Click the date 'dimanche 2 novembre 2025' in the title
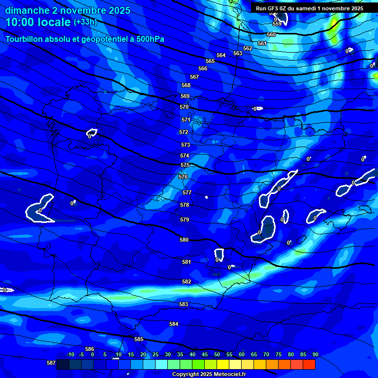[68, 10]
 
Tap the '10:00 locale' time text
[38, 23]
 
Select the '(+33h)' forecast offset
[85, 22]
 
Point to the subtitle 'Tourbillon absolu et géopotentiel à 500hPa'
[85, 39]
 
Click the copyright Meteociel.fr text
[209, 375]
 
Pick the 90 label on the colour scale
[315, 355]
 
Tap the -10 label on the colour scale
[70, 355]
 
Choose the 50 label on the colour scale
[217, 355]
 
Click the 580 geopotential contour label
[184, 240]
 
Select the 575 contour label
[185, 165]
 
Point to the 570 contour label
[184, 107]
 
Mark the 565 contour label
[210, 62]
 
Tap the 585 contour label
[139, 339]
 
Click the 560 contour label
[271, 35]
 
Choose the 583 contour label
[184, 305]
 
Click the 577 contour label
[187, 193]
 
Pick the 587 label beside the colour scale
[51, 363]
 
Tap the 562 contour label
[248, 48]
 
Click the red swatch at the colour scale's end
[309, 364]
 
